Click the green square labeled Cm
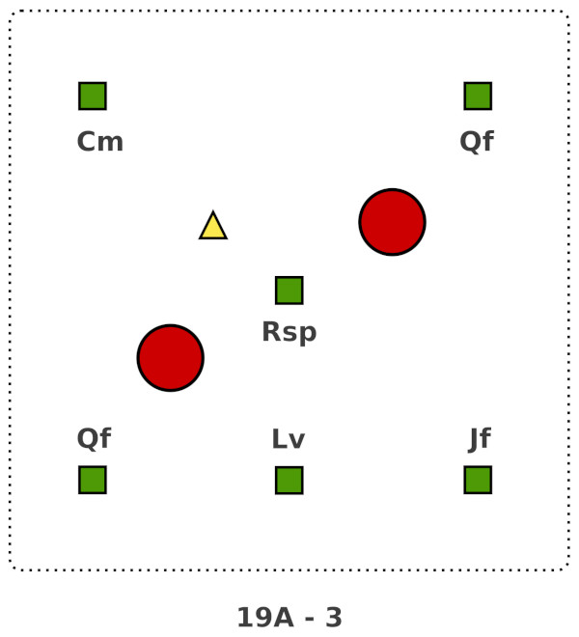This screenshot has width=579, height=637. pos(93,96)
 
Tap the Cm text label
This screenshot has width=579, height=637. pos(100,142)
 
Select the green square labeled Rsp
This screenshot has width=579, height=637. pos(289,291)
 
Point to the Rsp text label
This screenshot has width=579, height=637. pos(289,333)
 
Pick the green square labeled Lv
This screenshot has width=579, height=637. pos(289,480)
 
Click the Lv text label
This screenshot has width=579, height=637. pos(289,440)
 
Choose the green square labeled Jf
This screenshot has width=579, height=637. pos(478,480)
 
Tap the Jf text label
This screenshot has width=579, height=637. pos(480,439)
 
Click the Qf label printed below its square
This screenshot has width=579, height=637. pos(477,142)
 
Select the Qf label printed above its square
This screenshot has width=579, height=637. pos(94,439)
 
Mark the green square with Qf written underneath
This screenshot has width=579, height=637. pos(478,96)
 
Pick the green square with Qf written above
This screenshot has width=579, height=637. pos(93,480)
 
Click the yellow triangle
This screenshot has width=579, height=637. pos(213,228)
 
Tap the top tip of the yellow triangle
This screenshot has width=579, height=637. pos(213,213)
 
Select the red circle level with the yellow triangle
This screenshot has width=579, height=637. pos(392,222)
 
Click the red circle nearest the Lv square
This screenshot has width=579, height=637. pos(171,358)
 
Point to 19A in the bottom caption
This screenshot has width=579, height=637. pos(262,618)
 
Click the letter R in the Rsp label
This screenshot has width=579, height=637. pos(271,332)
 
